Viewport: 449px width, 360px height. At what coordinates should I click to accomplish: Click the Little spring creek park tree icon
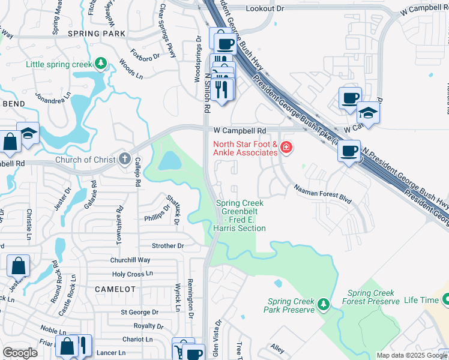click(x=101, y=64)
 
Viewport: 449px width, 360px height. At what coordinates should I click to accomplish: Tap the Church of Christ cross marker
click(x=124, y=159)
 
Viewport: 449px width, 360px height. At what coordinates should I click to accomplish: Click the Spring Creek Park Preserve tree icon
click(x=323, y=305)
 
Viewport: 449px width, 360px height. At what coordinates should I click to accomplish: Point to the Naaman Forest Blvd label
click(x=322, y=192)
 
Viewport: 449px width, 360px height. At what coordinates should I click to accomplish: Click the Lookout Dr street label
click(x=265, y=8)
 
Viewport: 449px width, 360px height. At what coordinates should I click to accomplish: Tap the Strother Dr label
click(x=167, y=245)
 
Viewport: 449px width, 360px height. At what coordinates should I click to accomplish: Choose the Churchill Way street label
click(x=130, y=260)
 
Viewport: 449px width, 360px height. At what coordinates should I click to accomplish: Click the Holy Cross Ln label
click(x=133, y=274)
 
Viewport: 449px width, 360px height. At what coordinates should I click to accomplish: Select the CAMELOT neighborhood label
click(x=115, y=289)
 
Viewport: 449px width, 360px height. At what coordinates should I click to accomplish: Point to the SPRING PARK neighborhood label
click(x=96, y=34)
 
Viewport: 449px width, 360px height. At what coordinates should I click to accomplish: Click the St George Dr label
click(x=139, y=312)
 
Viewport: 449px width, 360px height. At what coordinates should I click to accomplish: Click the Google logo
click(x=20, y=353)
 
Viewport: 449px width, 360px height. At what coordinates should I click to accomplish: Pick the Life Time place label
click(x=420, y=300)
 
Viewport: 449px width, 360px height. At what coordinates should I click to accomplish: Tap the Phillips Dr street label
click(x=157, y=218)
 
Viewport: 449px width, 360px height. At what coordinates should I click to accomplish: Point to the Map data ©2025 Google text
click(x=412, y=355)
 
